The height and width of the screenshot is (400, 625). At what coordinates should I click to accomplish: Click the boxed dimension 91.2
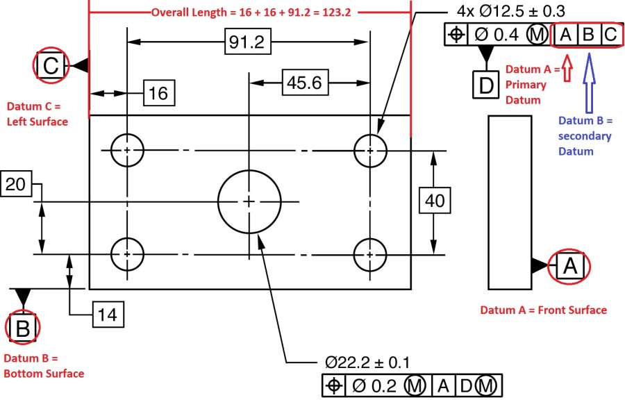point(247,42)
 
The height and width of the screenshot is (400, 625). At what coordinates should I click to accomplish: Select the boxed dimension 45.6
point(303,83)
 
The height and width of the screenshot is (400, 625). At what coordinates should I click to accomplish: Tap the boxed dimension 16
point(158,93)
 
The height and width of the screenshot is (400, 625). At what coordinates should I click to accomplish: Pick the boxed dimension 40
point(435,201)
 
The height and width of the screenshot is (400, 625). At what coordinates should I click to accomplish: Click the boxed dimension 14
point(107,315)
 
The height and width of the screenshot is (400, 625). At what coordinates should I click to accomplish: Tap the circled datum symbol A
point(569,265)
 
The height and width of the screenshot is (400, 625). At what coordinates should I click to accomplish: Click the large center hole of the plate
point(249,201)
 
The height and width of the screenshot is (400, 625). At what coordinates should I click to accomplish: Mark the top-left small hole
point(127,149)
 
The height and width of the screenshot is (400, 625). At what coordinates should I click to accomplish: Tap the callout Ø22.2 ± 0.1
point(367,362)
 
